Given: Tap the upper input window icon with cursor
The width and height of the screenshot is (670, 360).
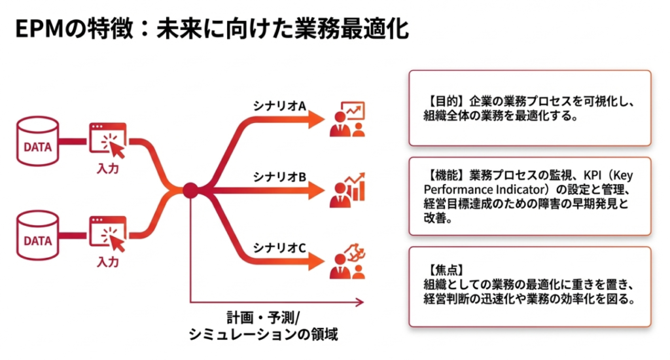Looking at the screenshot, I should (x=107, y=138).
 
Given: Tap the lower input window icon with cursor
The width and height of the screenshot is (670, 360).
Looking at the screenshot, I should (x=107, y=232).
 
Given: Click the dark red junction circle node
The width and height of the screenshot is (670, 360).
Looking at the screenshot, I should (x=190, y=190).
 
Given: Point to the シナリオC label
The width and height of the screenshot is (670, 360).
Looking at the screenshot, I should (x=280, y=248).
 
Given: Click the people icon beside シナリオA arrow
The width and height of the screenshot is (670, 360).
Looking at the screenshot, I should (x=347, y=119).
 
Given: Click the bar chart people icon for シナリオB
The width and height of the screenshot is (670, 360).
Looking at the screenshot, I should (x=347, y=190).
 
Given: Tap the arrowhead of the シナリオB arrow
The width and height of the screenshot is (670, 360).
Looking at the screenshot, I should (x=317, y=190).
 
